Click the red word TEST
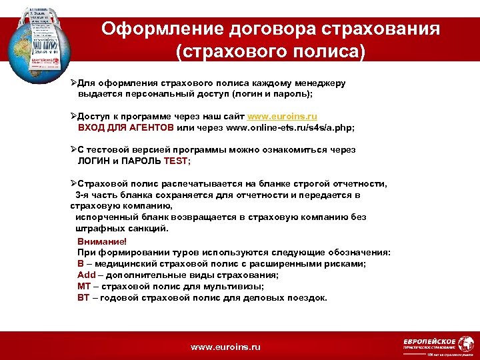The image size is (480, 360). pyautogui.click(x=179, y=161)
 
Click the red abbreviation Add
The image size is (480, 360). pyautogui.click(x=86, y=275)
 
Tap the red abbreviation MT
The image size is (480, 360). pyautogui.click(x=84, y=286)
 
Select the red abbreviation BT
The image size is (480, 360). pyautogui.click(x=83, y=297)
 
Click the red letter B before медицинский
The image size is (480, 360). pyautogui.click(x=80, y=263)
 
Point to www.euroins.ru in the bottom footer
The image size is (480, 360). pyautogui.click(x=225, y=347)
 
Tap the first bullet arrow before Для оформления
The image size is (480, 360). pyautogui.click(x=74, y=83)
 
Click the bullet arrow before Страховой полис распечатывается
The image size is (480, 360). pyautogui.click(x=74, y=183)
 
